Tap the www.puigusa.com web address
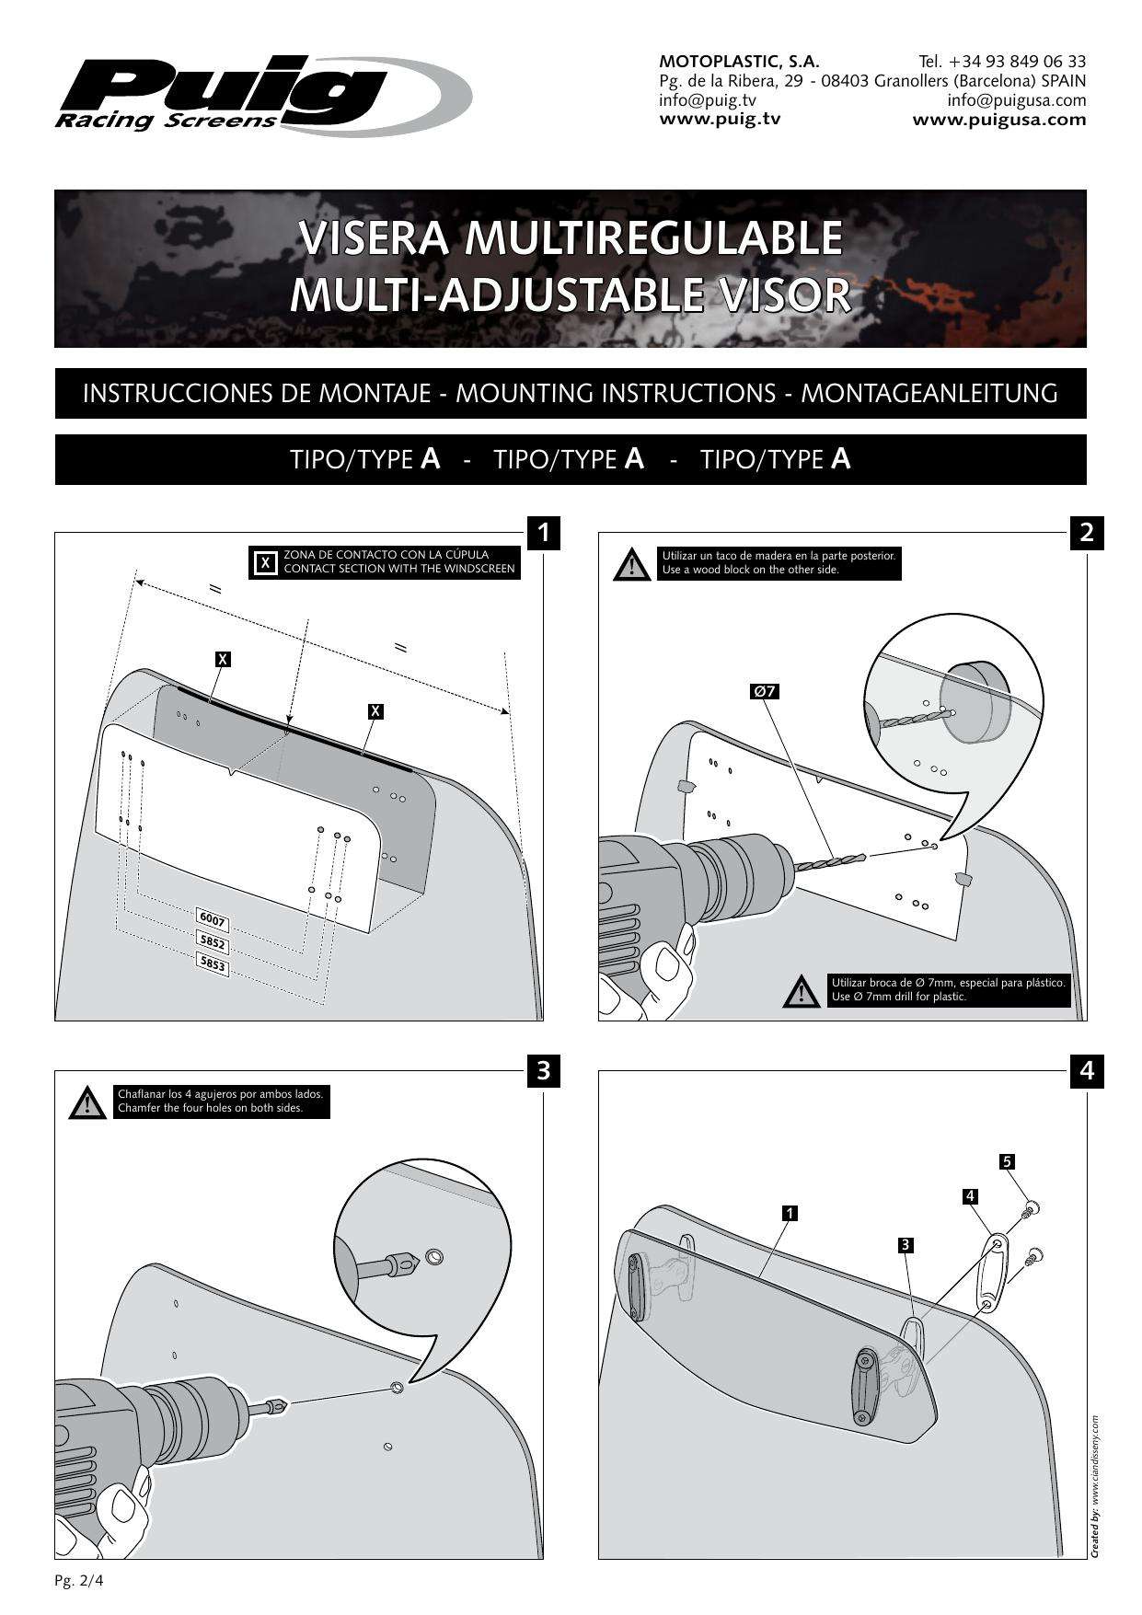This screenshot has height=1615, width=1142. pyautogui.click(x=998, y=120)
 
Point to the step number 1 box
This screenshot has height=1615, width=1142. pyautogui.click(x=544, y=532)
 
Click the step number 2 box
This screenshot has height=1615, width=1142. pyautogui.click(x=1087, y=532)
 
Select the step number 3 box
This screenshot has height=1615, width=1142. pyautogui.click(x=544, y=1070)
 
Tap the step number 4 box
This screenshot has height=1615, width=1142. pyautogui.click(x=1087, y=1070)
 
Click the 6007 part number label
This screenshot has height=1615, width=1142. pyautogui.click(x=213, y=921)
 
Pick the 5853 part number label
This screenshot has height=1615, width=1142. pyautogui.click(x=213, y=963)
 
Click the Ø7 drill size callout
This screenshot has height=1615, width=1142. pyautogui.click(x=765, y=691)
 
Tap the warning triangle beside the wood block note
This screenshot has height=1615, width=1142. pyautogui.click(x=630, y=564)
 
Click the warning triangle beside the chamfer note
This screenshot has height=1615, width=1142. pyautogui.click(x=87, y=1102)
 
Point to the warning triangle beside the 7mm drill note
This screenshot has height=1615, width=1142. pyautogui.click(x=800, y=990)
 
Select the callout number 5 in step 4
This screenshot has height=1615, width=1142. pyautogui.click(x=1008, y=1161)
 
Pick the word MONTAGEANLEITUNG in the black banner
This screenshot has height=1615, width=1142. pyautogui.click(x=929, y=394)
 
